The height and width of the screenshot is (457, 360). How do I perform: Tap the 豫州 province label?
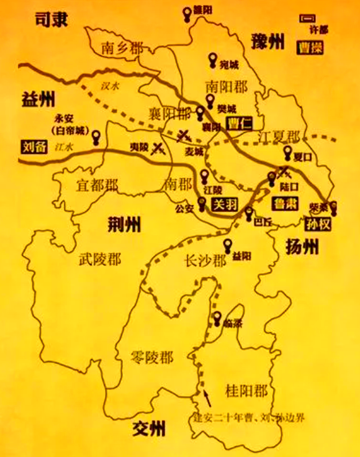[x=268, y=42]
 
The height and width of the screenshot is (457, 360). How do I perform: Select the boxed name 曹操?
[x=310, y=47]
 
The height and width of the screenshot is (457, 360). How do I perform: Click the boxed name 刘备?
[x=32, y=148]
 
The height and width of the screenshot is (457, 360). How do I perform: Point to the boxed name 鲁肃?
[x=285, y=204]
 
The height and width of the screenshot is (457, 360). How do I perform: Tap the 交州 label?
[x=150, y=428]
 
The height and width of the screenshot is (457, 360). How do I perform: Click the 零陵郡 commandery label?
[x=152, y=357]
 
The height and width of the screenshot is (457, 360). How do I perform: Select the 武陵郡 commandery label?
[x=100, y=260]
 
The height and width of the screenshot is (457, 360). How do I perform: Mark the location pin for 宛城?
[x=214, y=60]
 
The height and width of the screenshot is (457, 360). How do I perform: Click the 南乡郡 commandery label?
[x=122, y=48]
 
